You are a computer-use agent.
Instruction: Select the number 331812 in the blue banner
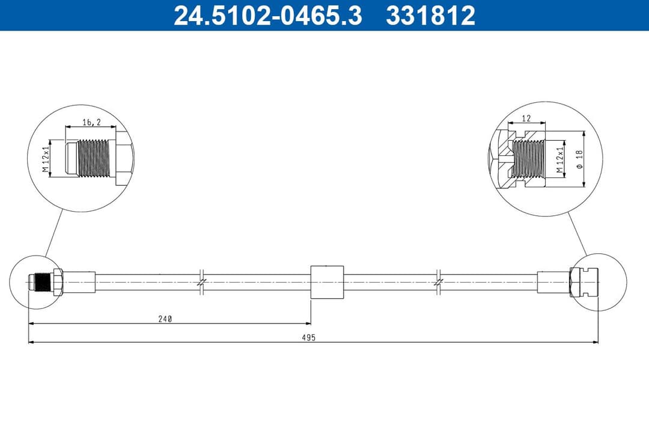point(430,16)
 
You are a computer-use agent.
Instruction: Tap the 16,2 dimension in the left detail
point(91,122)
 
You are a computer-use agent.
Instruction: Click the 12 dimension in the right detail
point(526,118)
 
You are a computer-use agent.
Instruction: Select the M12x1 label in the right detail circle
point(559,159)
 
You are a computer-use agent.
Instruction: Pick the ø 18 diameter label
point(579,159)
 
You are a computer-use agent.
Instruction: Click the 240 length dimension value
point(166,319)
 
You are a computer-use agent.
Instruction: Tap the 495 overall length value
point(309,338)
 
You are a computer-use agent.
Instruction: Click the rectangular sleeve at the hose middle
point(327,281)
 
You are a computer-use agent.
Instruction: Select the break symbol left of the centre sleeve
point(202,281)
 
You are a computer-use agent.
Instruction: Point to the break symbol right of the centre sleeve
point(439,281)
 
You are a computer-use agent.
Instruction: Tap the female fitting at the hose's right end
point(585,281)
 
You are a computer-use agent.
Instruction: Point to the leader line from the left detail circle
point(53,235)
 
